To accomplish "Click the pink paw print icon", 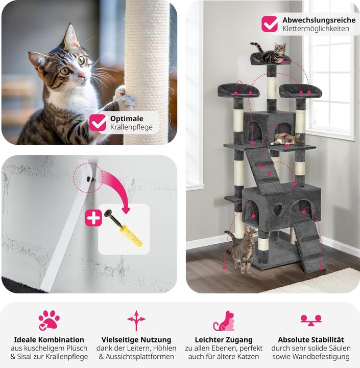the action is point(49,320).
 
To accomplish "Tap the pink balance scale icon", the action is point(311,320).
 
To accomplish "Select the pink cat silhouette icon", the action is point(224,321).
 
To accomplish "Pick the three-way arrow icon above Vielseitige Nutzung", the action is point(136,320).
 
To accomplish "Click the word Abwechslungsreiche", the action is point(319,20).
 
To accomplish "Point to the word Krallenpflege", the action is point(131,127).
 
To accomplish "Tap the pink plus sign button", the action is point(93,218).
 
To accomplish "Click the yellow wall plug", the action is point(131,236).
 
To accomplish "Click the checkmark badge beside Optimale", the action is point(98,123).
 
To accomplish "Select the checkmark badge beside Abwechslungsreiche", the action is point(270,24).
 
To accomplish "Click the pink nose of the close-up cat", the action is point(82,76).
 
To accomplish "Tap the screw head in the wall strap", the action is point(89,179).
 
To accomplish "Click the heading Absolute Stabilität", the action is point(311,339).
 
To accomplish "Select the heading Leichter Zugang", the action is point(224,339).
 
